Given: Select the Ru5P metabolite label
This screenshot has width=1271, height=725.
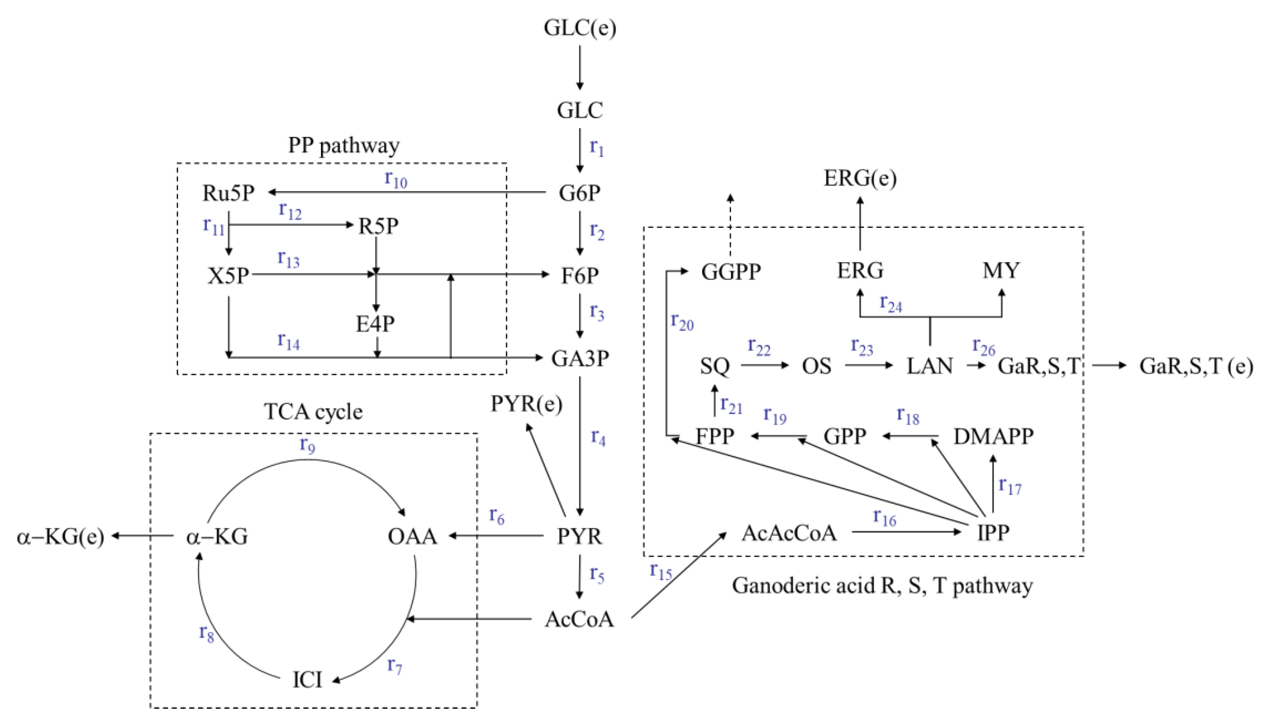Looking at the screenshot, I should [228, 193].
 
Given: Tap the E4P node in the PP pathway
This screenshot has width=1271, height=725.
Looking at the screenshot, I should [375, 324].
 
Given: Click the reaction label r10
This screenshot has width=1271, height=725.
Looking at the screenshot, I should [396, 179].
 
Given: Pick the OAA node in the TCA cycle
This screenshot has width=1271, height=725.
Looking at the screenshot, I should [412, 536].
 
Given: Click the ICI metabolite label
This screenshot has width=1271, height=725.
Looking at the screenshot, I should [307, 680].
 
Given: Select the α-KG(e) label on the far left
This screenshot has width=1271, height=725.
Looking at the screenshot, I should [60, 537].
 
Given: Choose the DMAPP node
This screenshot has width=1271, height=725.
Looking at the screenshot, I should [993, 436].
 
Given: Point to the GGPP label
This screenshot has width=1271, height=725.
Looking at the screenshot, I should [731, 272].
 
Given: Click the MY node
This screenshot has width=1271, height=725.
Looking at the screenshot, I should [1001, 270].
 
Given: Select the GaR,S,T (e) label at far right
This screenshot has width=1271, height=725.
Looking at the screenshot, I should [1196, 366].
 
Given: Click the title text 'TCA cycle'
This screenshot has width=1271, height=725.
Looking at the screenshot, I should [313, 411].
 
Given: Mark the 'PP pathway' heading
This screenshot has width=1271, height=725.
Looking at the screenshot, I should [344, 145].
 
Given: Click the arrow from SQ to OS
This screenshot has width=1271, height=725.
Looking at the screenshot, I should [764, 365].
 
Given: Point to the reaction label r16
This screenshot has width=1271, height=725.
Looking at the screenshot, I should [884, 518].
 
